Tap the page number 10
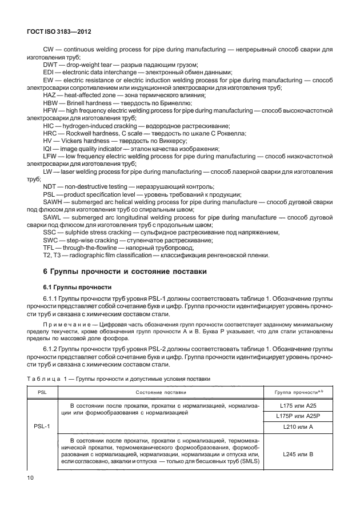coord(30,476)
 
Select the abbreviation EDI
coord(50,72)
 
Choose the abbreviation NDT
coord(51,186)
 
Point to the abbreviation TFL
coord(50,247)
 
